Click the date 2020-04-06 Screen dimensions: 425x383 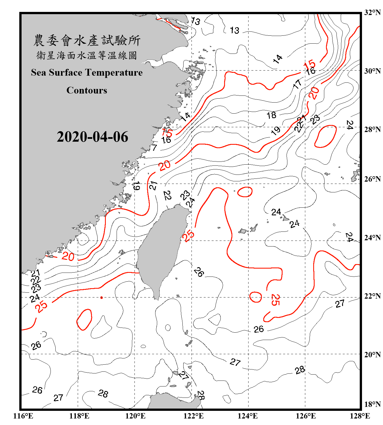(x=92, y=137)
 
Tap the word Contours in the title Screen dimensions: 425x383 (x=87, y=90)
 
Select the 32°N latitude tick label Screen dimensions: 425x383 (x=372, y=12)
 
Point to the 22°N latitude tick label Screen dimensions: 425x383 (x=372, y=296)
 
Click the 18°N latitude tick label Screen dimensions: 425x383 (x=372, y=404)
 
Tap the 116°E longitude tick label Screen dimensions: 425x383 (x=23, y=416)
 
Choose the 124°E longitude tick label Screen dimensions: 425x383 (x=248, y=416)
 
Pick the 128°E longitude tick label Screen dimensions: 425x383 (x=360, y=416)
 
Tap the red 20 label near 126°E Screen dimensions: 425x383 (x=314, y=93)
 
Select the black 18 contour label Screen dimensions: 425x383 (x=272, y=115)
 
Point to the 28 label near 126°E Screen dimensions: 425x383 (x=300, y=370)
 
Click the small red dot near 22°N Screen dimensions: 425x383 (x=102, y=297)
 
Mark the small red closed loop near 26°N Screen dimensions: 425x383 (x=245, y=192)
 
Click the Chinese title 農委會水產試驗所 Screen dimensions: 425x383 (x=87, y=41)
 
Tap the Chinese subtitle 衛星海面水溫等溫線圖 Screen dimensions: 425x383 (x=87, y=56)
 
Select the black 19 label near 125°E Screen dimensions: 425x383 (x=275, y=131)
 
